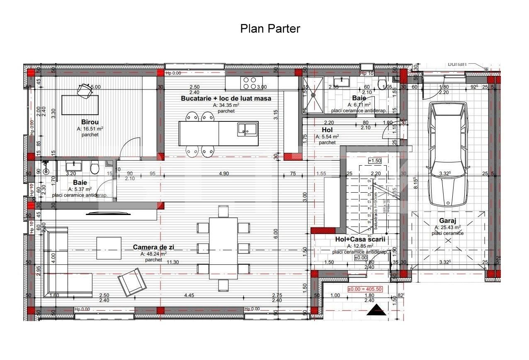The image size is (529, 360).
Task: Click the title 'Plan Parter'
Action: (x=270, y=29)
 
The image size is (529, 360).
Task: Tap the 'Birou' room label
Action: (x=90, y=122)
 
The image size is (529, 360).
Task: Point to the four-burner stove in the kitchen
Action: (x=250, y=83)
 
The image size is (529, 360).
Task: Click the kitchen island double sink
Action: (x=246, y=129)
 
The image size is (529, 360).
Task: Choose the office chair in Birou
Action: (x=85, y=90)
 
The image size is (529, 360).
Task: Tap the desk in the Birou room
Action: (x=80, y=105)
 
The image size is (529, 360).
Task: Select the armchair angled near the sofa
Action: (x=132, y=282)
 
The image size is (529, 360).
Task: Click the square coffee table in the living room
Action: (x=109, y=248)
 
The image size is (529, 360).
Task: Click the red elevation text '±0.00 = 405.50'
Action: (x=364, y=289)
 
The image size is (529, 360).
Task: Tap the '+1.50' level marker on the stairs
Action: (x=374, y=161)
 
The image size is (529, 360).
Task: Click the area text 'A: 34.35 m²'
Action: (x=226, y=105)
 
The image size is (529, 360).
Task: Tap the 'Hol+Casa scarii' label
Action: (x=360, y=239)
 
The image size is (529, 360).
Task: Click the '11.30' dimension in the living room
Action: (x=173, y=262)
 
